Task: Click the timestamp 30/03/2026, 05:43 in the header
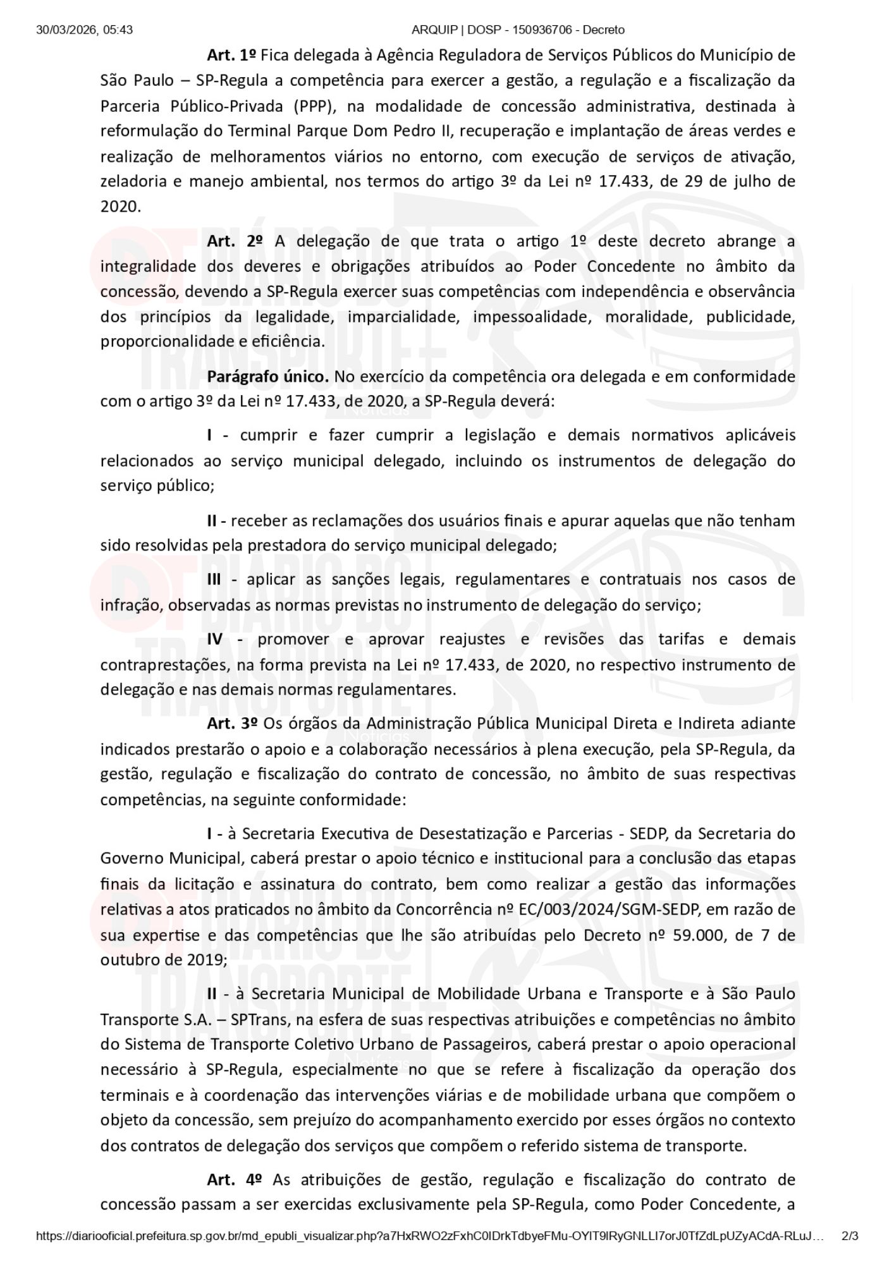tap(85, 30)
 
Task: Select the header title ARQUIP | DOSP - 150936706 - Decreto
tap(517, 30)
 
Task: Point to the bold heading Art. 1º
tap(231, 55)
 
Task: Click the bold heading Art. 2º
tap(234, 241)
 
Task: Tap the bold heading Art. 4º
tap(234, 1179)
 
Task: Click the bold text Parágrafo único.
tap(268, 377)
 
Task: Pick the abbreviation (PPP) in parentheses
tap(312, 106)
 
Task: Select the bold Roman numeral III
tap(214, 580)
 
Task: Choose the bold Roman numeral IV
tap(215, 639)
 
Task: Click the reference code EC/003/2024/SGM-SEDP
tap(611, 909)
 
